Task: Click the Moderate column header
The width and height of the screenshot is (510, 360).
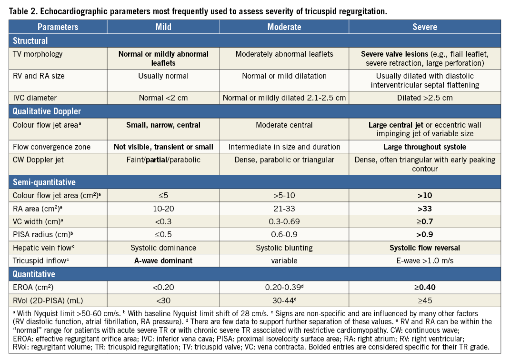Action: pos(284,27)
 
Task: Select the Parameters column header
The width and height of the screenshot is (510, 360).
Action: pos(58,27)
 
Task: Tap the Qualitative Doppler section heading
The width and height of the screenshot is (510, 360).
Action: pos(47,111)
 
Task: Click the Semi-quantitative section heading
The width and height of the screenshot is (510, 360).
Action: pos(44,182)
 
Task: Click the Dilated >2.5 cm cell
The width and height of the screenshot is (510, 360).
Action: pos(424,98)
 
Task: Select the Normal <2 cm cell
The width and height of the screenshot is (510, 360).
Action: pos(163,98)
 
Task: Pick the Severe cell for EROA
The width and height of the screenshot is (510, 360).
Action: pos(424,287)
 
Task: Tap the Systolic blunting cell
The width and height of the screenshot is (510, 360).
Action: pos(284,248)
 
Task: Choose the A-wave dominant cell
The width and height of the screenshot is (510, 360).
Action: pos(163,260)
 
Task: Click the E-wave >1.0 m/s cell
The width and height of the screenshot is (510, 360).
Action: pos(424,260)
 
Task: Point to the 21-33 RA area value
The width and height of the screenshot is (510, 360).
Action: pos(284,208)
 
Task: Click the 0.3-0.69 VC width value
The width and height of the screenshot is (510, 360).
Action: pos(284,221)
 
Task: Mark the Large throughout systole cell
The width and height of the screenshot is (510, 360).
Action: pos(424,147)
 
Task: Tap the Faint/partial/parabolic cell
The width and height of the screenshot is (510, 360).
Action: pos(163,160)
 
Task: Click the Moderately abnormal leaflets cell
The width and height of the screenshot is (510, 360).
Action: pos(284,54)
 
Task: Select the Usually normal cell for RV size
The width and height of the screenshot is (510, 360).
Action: pos(163,76)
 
